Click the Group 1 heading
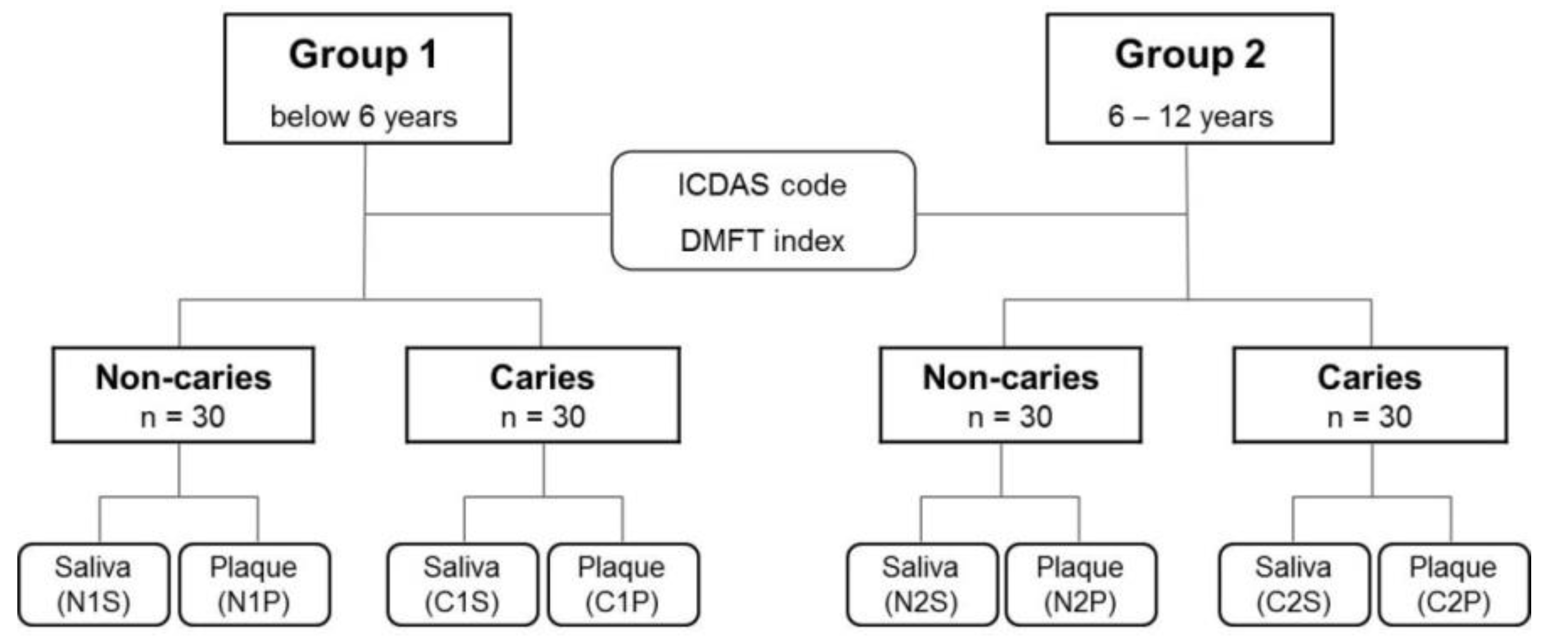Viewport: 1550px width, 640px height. coord(363,55)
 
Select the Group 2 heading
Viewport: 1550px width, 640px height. coord(1190,55)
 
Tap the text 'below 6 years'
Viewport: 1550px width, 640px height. coord(363,116)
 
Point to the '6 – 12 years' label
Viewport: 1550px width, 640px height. coord(1190,116)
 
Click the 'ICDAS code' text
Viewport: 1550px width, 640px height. coord(762,185)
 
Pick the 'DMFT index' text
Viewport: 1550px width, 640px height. coord(762,241)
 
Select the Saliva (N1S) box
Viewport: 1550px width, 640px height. coord(93,585)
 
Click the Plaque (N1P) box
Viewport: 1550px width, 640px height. coord(254,585)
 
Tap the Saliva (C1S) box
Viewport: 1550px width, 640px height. coord(462,585)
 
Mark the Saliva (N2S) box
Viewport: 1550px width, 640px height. coord(921,585)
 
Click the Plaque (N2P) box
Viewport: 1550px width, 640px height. coord(1081,585)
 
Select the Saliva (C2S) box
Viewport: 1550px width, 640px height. coord(1293,585)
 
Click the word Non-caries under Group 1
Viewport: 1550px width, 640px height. coord(184,377)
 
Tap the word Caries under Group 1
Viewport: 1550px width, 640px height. coord(542,377)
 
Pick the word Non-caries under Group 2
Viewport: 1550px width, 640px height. coord(1011,377)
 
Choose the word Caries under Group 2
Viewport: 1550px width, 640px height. coord(1369,377)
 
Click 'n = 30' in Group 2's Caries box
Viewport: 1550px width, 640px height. coord(1369,417)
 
